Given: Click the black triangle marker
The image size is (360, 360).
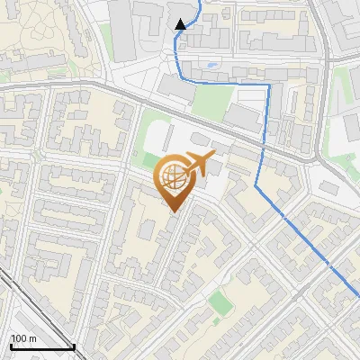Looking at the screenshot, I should [181, 24].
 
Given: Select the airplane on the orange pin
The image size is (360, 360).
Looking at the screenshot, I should [199, 164].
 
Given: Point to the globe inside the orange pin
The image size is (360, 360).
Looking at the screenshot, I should [173, 177].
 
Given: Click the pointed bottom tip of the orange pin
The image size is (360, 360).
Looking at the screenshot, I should [174, 211].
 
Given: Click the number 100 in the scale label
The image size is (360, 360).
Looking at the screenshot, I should [19, 338].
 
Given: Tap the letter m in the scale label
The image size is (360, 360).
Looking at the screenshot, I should [32, 338].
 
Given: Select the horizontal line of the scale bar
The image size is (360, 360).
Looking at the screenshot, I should [42, 346].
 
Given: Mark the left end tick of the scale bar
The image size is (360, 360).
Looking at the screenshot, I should [11, 345].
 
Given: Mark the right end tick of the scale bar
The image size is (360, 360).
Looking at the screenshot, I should [74, 345].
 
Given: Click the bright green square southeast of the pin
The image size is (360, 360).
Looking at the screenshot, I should [220, 303].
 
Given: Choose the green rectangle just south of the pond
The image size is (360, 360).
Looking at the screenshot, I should [211, 101].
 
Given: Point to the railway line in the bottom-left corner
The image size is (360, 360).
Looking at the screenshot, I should [18, 296].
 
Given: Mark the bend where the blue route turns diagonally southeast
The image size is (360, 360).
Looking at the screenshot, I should [256, 187].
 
